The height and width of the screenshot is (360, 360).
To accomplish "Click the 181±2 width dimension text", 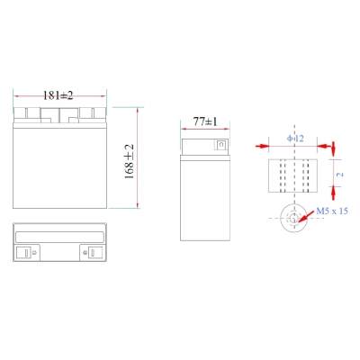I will pos(58,94).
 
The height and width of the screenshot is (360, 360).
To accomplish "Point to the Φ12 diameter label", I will pos(295,138).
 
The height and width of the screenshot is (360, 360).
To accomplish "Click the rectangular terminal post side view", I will pos(294,176).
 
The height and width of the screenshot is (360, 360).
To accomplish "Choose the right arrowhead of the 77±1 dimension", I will pos(226,130).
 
